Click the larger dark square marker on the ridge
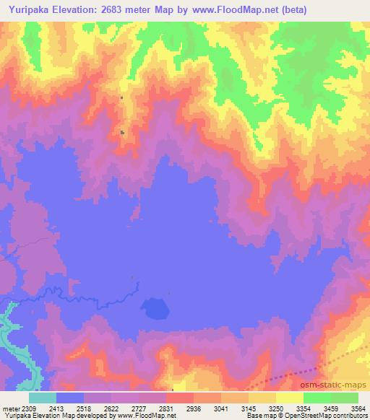pos(122,132)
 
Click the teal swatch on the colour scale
pos(43,398)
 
